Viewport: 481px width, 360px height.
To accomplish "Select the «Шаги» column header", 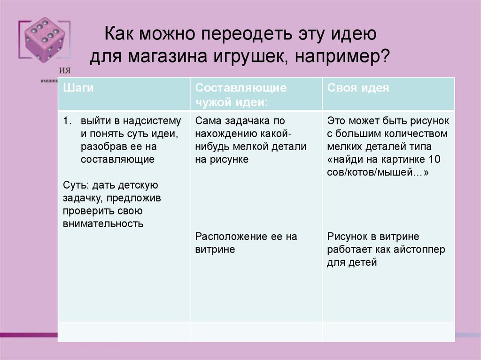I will (x=78, y=88).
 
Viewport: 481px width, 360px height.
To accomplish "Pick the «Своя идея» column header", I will (x=358, y=88).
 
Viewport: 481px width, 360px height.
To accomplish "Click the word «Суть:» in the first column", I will (x=75, y=185).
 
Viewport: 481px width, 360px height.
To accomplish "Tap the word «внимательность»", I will (x=103, y=223).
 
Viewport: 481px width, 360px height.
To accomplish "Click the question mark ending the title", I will (x=384, y=57).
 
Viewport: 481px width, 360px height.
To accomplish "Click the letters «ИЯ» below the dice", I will (x=65, y=70).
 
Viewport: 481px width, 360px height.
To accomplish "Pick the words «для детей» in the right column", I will (x=352, y=262).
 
